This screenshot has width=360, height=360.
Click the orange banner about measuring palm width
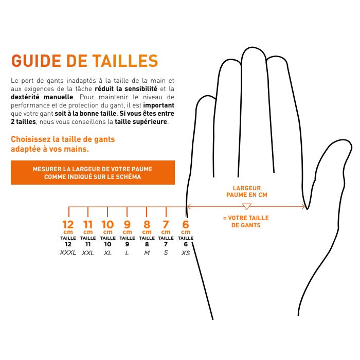tap(93, 172)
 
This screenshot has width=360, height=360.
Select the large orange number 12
tap(68, 225)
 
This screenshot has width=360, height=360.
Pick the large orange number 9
tap(127, 225)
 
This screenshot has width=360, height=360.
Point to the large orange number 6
tap(186, 225)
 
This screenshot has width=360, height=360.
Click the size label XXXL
tap(68, 253)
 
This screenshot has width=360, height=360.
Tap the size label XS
tap(186, 253)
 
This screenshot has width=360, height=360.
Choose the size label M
tap(147, 253)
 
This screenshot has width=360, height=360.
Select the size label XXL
tap(88, 253)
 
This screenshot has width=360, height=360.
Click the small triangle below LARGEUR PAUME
tap(246, 206)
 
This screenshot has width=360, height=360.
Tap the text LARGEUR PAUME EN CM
tap(247, 192)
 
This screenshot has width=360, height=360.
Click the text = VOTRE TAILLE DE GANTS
tap(246, 222)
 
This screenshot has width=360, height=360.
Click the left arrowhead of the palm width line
tap(189, 207)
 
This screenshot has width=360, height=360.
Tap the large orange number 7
tap(166, 225)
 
